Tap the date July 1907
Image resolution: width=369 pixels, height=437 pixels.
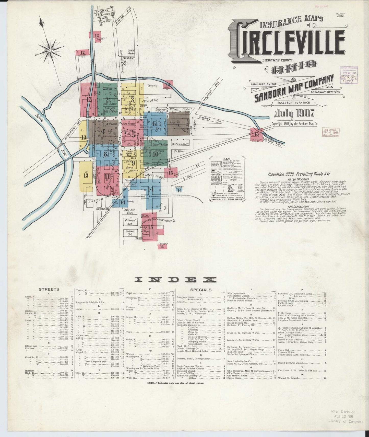[x=294, y=113]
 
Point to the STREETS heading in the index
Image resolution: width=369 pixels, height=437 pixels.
[x=49, y=289]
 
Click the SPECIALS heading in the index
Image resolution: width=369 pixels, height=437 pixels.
[x=201, y=290]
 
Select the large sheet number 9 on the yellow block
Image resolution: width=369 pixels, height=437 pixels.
[x=133, y=163]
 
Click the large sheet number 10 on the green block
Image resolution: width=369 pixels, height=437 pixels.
[x=155, y=154]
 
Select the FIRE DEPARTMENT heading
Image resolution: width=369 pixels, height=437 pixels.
[x=284, y=206]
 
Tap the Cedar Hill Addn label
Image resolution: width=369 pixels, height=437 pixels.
[x=128, y=211]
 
